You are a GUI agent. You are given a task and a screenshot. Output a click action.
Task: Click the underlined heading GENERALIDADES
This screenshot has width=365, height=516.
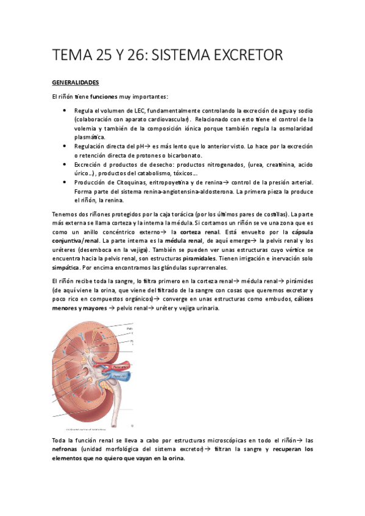[75, 82]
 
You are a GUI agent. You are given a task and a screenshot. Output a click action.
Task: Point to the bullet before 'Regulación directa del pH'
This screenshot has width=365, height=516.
[65, 147]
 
